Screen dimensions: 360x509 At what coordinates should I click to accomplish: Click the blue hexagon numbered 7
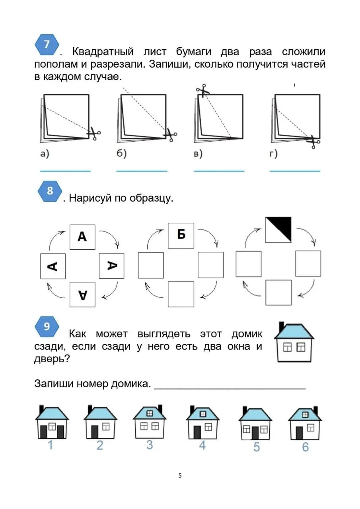[x=47, y=45]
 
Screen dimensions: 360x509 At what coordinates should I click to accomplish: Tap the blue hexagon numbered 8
[x=50, y=191]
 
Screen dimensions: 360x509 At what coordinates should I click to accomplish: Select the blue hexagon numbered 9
[x=47, y=326]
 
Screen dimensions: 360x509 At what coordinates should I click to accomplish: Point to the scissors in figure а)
[x=94, y=134]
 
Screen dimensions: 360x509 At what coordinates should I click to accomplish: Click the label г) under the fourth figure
[x=273, y=154]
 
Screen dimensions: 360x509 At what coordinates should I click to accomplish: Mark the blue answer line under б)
[x=142, y=171]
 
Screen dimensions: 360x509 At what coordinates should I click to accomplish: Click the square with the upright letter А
[x=82, y=237]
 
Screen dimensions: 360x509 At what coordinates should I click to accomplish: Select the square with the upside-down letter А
[x=82, y=295]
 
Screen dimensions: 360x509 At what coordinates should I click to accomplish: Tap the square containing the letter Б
[x=181, y=235]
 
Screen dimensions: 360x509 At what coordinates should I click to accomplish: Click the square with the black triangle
[x=278, y=230]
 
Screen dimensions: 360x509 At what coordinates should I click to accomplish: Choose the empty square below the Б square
[x=181, y=294]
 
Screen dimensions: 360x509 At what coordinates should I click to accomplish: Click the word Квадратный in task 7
[x=103, y=52]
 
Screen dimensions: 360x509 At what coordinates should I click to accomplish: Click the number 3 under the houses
[x=150, y=445]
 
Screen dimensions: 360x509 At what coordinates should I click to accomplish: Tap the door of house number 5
[x=255, y=433]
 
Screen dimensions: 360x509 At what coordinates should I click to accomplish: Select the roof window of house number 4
[x=202, y=414]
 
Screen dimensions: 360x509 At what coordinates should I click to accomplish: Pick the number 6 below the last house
[x=305, y=447]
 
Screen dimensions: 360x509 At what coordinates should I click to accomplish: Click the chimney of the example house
[x=281, y=327]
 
